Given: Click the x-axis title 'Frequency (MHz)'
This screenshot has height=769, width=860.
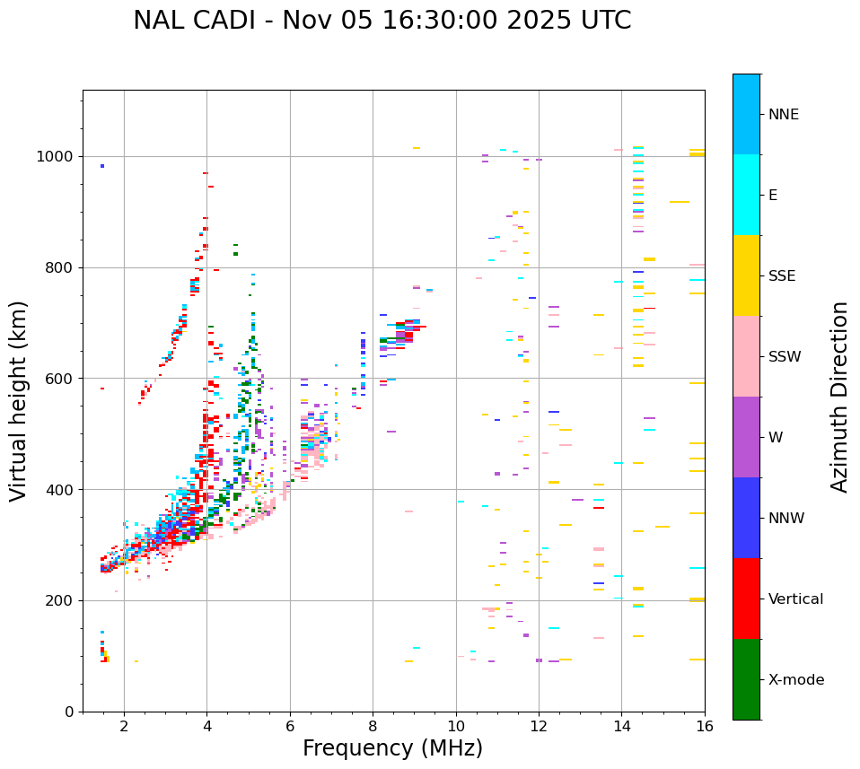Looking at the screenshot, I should point(392,748).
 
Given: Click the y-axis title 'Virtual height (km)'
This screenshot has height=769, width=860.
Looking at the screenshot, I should point(19,400).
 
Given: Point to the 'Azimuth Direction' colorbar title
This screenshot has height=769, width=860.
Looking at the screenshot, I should point(839,397).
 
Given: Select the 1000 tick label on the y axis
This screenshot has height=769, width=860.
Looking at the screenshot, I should point(55,156).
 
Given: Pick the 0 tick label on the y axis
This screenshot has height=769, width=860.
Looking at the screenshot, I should point(69,712).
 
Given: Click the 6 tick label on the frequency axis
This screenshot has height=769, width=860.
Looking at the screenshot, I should point(290,726).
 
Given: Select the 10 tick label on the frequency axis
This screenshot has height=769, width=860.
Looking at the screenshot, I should point(456,726).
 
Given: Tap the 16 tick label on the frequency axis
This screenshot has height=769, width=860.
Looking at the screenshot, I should point(704,726).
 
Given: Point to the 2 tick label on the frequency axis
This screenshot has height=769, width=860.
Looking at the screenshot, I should point(124,726).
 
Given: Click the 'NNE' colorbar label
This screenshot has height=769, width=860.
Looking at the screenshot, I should point(783,115).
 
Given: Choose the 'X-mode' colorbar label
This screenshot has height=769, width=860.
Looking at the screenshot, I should point(795,680).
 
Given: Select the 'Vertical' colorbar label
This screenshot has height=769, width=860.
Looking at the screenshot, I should point(795,599).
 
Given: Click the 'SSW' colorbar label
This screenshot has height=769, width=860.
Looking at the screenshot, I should point(785,357).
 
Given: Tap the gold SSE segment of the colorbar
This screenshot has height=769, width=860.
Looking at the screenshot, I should point(746,275).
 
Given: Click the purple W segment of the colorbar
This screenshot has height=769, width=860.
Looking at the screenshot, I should point(746,437).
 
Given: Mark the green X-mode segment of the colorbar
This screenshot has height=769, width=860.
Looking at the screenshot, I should point(746,679).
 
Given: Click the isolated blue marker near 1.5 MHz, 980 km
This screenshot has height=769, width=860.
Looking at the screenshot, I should point(102,166).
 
